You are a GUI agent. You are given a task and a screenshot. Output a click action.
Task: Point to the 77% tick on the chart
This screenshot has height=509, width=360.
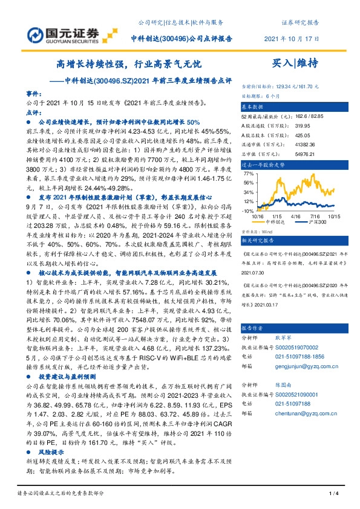248,173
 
